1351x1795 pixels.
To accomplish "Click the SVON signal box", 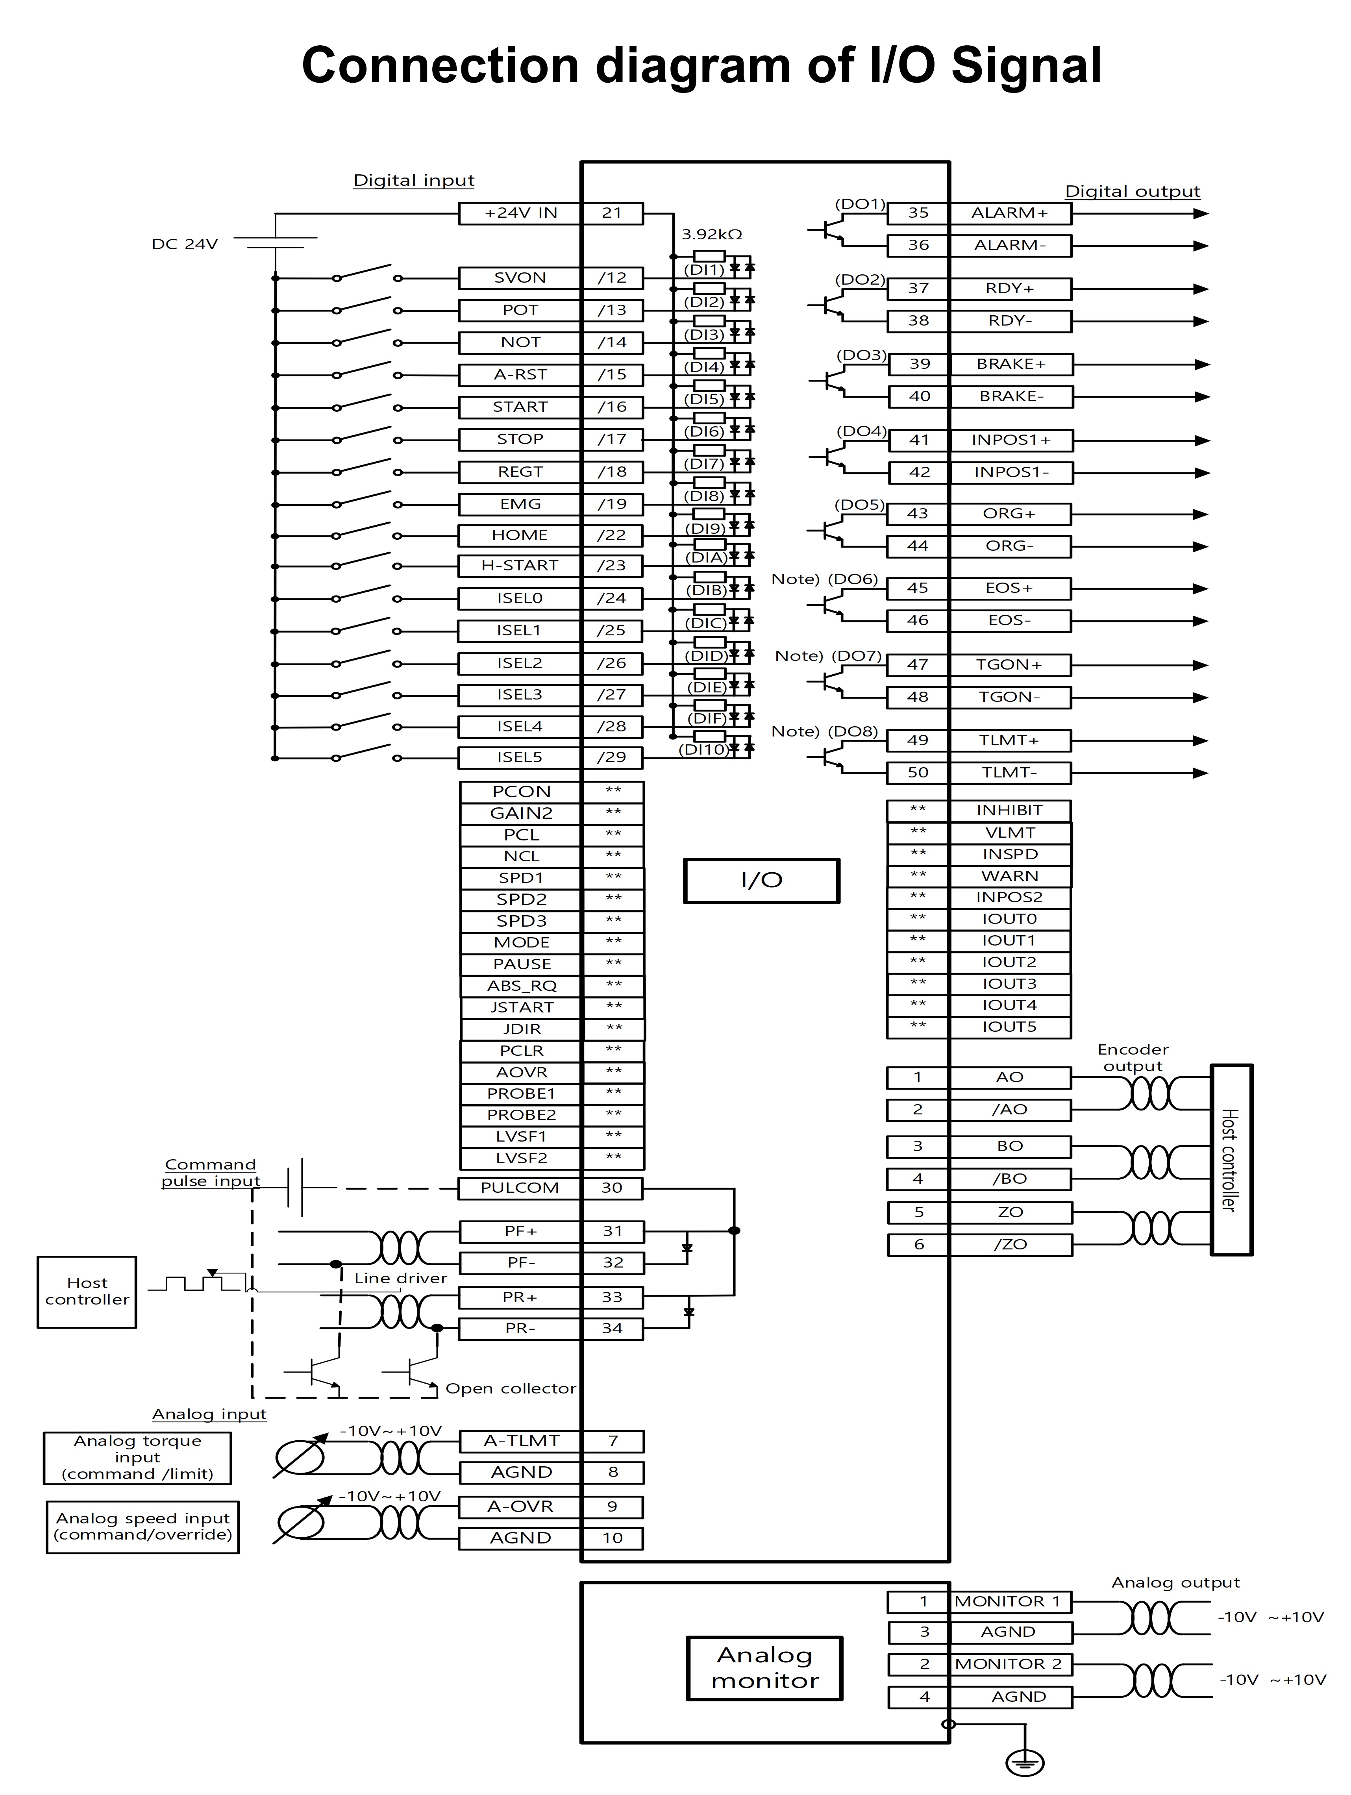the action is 520,278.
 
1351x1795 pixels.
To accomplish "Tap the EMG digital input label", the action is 520,504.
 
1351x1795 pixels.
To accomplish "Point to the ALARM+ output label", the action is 1010,213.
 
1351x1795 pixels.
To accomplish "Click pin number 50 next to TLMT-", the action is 918,773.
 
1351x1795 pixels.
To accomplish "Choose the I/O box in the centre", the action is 761,881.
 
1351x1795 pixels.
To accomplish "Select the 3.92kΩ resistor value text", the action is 712,235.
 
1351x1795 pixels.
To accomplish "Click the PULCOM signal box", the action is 520,1188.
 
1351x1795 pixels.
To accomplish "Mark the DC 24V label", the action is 185,244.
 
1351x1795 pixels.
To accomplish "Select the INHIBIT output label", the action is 1009,811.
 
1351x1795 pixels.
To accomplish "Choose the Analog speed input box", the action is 143,1527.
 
